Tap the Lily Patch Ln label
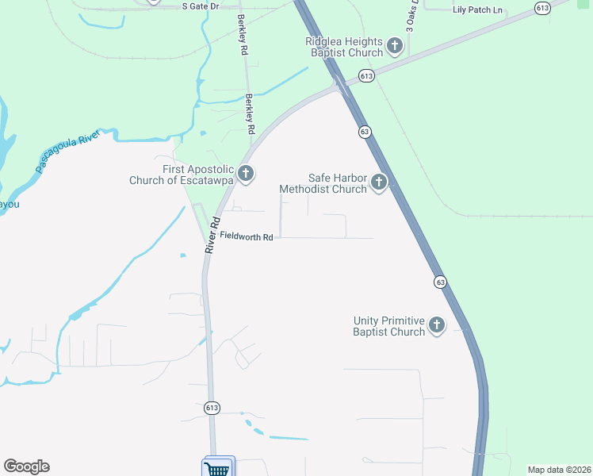click(477, 10)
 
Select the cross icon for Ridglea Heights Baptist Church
click(394, 48)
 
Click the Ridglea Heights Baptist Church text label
click(346, 48)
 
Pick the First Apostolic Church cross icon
click(246, 174)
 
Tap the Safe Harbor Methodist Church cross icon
click(379, 183)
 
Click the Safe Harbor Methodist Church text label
click(323, 184)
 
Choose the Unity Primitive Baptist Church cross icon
click(437, 324)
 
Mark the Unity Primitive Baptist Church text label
click(389, 326)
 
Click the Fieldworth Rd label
click(247, 236)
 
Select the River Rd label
click(211, 236)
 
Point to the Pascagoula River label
click(70, 151)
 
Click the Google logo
click(26, 466)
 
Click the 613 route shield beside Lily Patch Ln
click(542, 8)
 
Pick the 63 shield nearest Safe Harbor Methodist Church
click(365, 132)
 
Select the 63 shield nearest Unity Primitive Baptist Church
click(440, 282)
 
